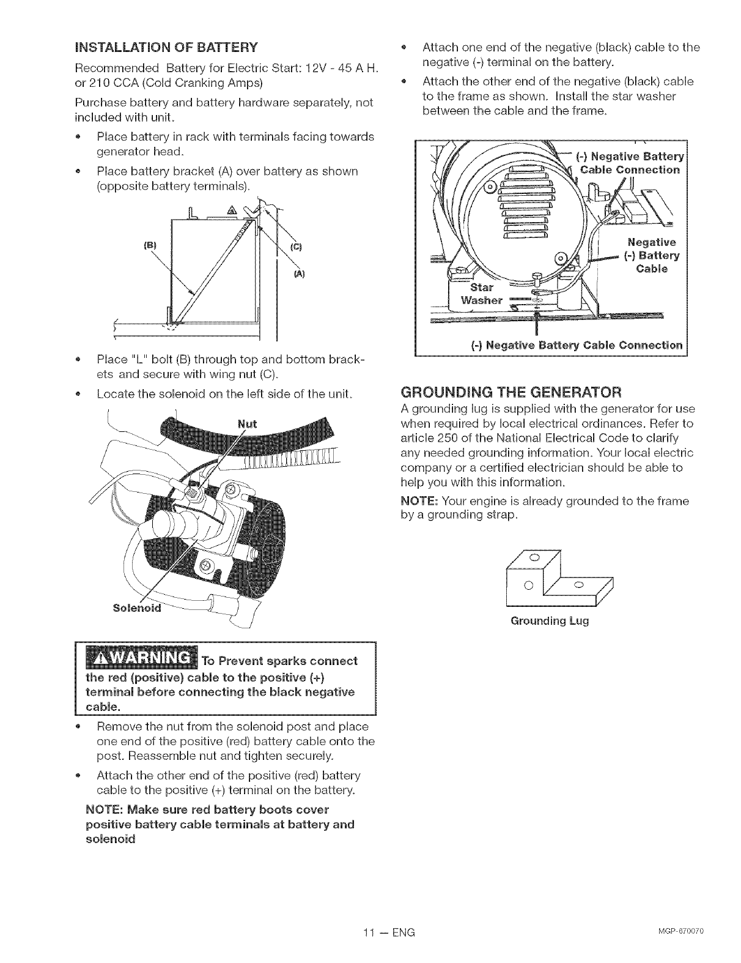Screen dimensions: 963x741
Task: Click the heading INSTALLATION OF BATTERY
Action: tap(165, 46)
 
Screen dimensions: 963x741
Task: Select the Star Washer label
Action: tap(482, 294)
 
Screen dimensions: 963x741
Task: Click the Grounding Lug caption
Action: tap(549, 622)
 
